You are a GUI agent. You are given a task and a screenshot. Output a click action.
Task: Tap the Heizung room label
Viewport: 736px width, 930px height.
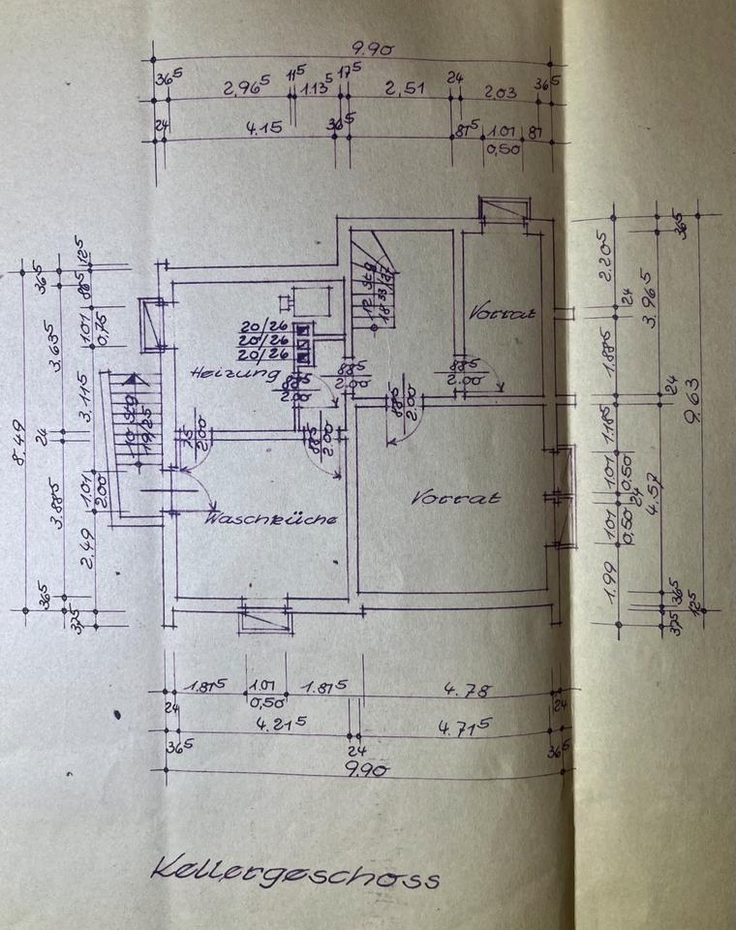coord(235,372)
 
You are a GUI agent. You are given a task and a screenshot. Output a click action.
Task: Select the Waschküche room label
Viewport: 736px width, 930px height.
coord(271,519)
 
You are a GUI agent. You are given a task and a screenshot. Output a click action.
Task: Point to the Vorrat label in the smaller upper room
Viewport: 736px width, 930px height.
coord(503,313)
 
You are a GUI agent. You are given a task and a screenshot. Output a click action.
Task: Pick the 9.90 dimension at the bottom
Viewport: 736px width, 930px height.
coord(366,769)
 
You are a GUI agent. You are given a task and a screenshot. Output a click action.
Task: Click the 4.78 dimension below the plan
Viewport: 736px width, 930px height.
coord(466,690)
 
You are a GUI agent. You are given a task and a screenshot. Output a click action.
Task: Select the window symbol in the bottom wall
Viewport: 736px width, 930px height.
coord(265,616)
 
